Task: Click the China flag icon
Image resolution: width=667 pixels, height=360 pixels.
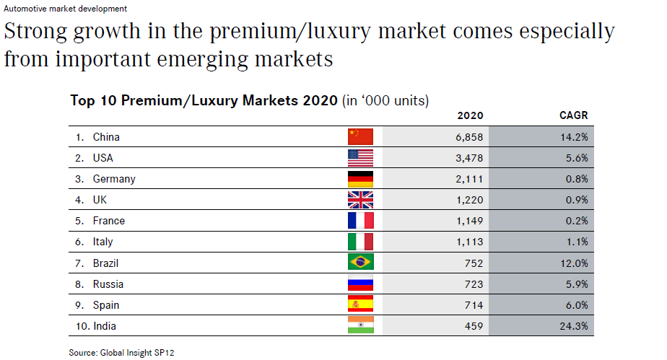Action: click(360, 136)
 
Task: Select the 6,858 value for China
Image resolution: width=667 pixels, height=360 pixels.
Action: click(469, 136)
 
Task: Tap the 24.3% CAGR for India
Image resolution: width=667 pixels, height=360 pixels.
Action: click(573, 326)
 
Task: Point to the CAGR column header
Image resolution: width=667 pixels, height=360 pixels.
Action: click(574, 115)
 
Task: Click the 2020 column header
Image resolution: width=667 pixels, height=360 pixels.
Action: click(471, 115)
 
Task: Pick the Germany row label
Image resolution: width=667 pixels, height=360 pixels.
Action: click(113, 179)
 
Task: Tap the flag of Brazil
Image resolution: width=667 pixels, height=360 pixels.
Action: click(360, 263)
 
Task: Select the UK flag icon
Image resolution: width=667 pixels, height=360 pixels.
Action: click(360, 200)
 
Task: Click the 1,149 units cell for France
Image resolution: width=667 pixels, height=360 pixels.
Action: click(469, 221)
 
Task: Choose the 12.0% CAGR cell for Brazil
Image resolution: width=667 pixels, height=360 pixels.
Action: click(573, 263)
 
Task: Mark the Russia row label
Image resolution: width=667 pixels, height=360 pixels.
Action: click(108, 284)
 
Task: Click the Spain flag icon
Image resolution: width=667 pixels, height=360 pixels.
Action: click(360, 305)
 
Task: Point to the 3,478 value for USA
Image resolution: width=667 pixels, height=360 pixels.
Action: click(469, 157)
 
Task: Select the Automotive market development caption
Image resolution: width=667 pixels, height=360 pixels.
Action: click(66, 9)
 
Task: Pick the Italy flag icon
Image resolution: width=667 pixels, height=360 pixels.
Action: click(360, 242)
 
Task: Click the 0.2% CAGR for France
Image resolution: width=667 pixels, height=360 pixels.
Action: click(576, 221)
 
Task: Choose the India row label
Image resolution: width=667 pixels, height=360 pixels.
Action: click(104, 326)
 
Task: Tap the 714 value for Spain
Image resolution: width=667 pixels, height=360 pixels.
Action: click(474, 305)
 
